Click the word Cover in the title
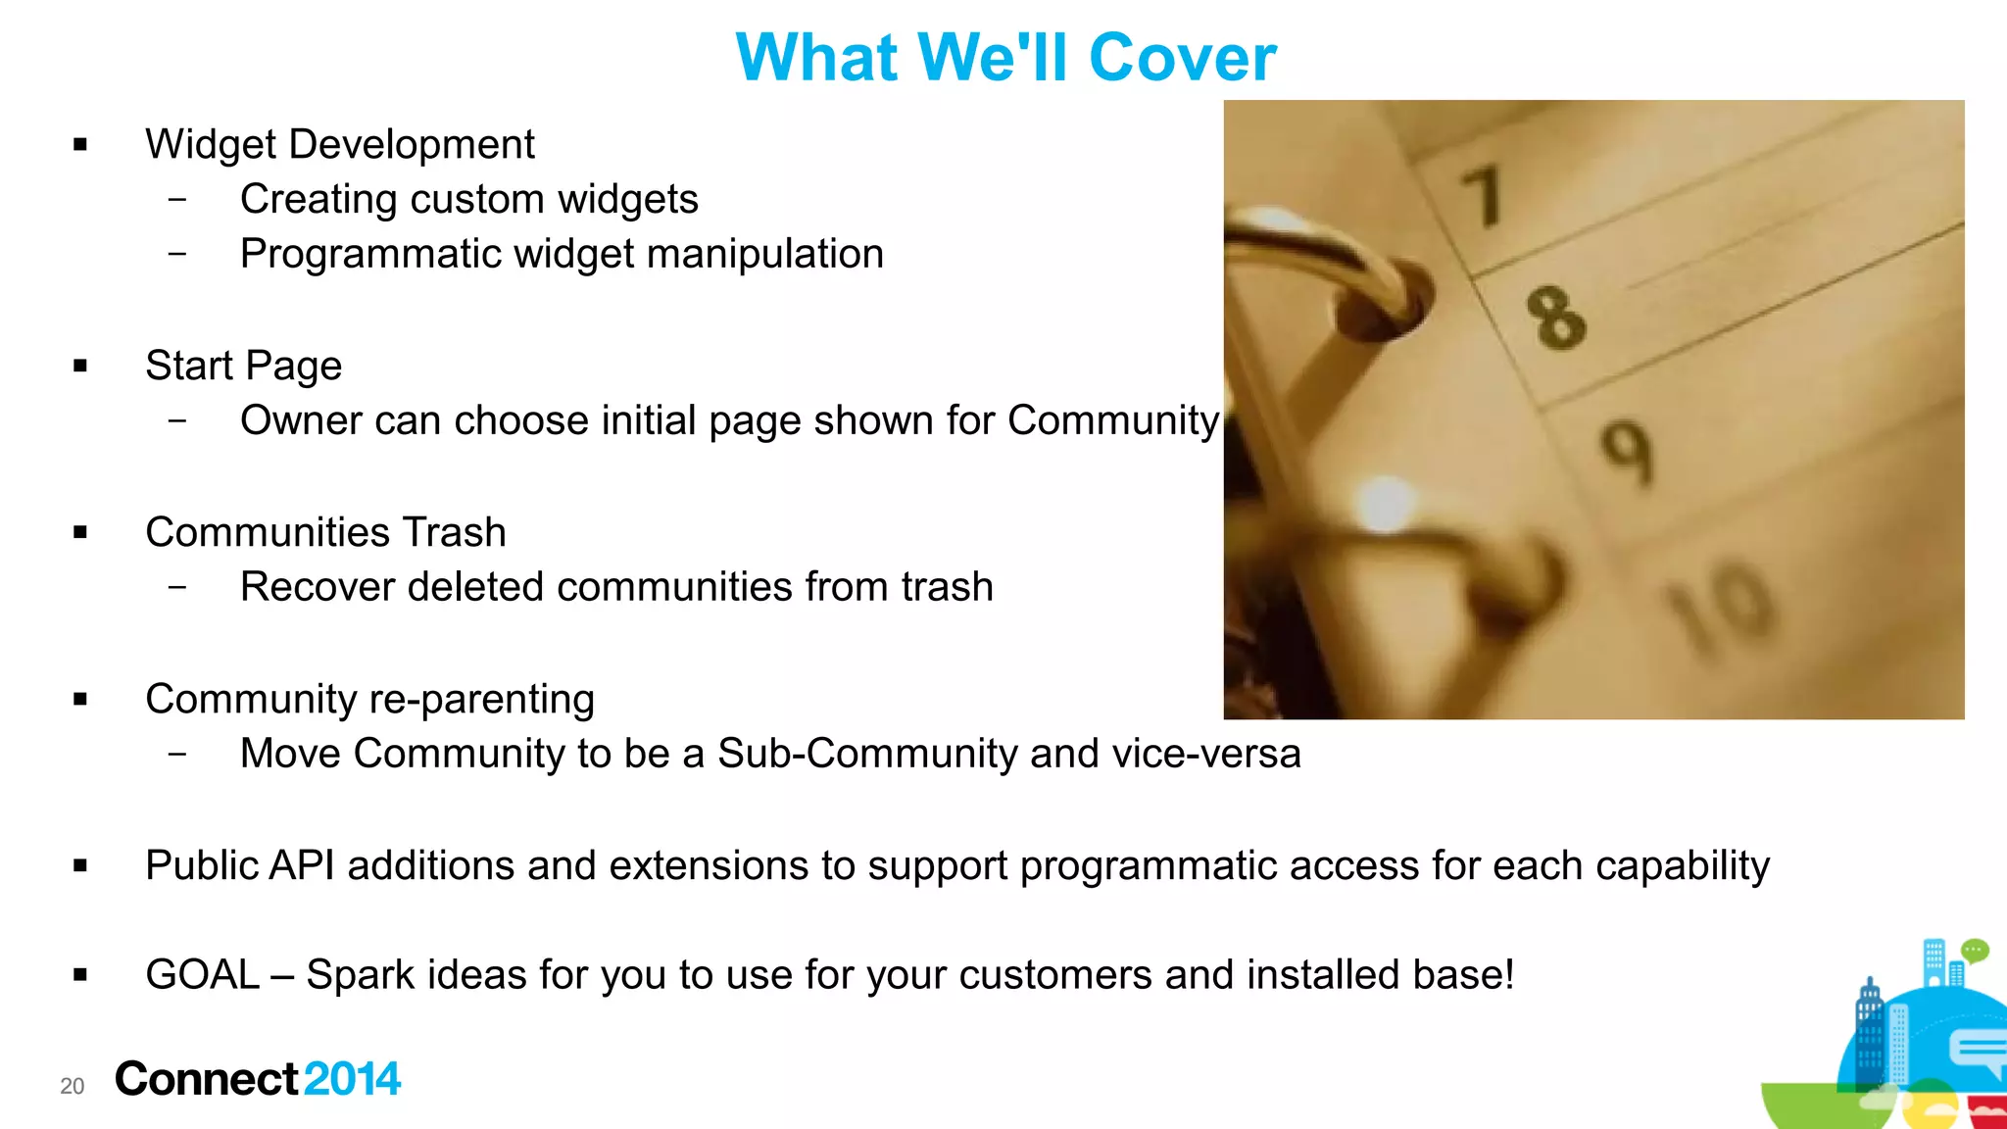[1182, 58]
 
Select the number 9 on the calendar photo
[1628, 452]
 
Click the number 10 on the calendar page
[1722, 609]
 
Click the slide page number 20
[73, 1086]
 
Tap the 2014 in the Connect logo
[352, 1079]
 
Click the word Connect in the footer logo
[206, 1079]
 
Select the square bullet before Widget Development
[80, 145]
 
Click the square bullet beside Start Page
[80, 367]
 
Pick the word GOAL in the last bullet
[202, 975]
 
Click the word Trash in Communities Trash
[454, 532]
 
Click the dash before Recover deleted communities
[177, 587]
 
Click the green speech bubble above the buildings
[1975, 950]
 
